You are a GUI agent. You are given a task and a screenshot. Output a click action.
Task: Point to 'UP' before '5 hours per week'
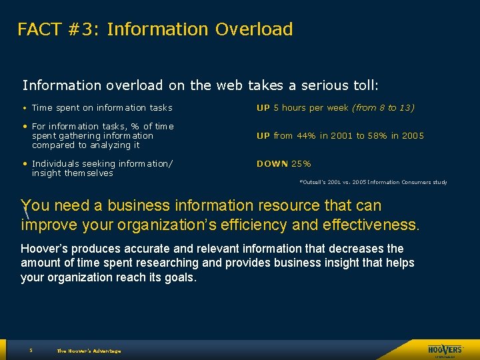pos(263,107)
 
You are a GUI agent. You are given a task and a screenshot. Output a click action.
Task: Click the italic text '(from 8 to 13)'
pos(383,107)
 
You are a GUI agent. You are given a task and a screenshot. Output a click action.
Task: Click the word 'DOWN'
pos(273,163)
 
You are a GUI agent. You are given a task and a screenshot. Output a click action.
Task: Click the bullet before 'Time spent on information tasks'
pos(25,108)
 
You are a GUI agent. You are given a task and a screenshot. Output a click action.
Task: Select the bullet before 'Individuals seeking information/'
pos(25,163)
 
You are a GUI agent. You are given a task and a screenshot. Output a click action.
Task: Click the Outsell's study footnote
pos(373,182)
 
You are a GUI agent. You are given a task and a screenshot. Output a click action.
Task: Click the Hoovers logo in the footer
pos(445,350)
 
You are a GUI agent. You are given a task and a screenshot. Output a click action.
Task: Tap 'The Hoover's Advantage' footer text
pos(89,351)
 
